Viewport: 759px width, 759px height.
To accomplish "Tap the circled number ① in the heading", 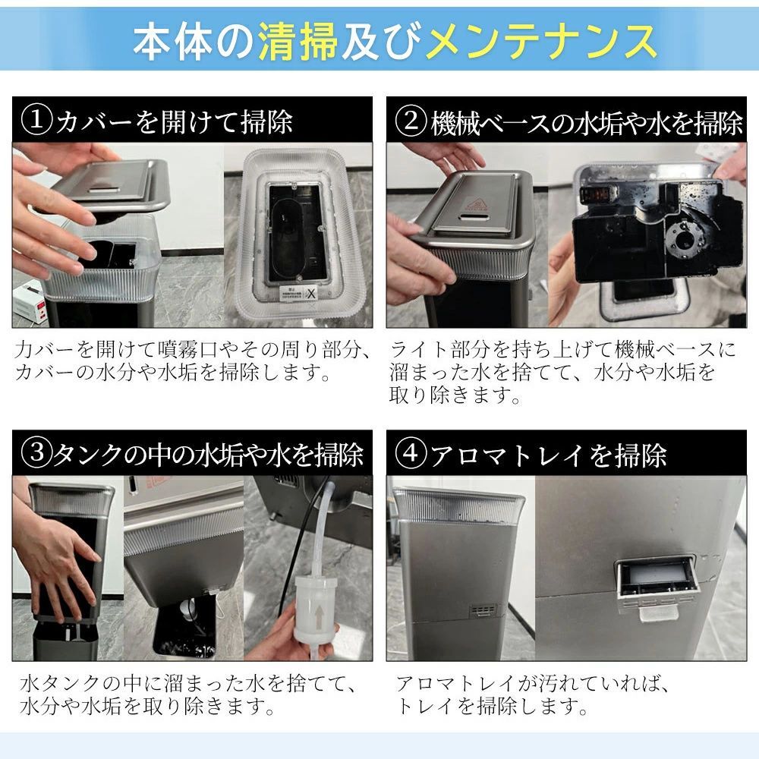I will (36, 121).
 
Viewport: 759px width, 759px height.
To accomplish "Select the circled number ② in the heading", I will (411, 121).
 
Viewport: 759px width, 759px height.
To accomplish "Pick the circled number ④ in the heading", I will (411, 455).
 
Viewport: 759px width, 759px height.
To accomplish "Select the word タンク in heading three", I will (85, 455).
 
